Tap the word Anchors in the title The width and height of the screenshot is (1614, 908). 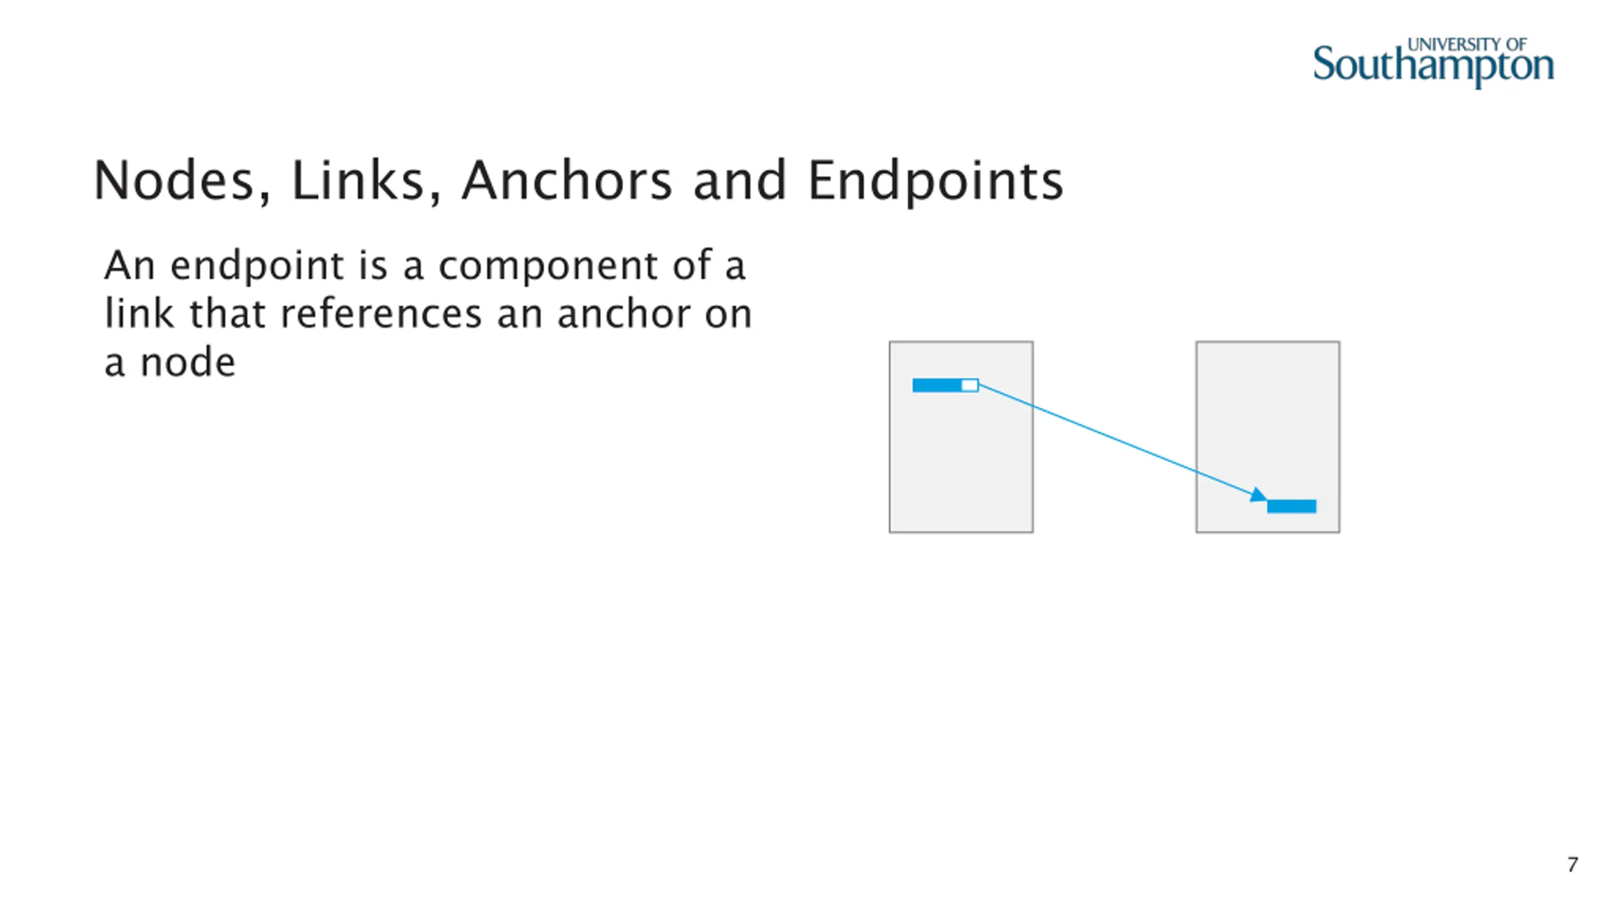(566, 181)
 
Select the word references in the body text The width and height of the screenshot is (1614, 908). (381, 314)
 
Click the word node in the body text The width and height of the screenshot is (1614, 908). (187, 363)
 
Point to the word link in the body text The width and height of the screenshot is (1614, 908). (139, 314)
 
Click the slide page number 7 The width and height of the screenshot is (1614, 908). (1572, 864)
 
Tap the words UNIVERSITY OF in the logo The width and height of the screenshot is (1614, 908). (1466, 45)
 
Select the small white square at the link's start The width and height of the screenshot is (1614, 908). (970, 385)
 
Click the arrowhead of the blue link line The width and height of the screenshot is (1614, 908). (1258, 495)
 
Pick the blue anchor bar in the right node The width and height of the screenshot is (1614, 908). (1292, 506)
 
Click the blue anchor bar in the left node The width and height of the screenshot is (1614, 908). (937, 385)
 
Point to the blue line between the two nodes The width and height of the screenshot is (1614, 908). (1116, 439)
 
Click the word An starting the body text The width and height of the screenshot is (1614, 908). (129, 265)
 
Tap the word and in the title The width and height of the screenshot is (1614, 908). (740, 181)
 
